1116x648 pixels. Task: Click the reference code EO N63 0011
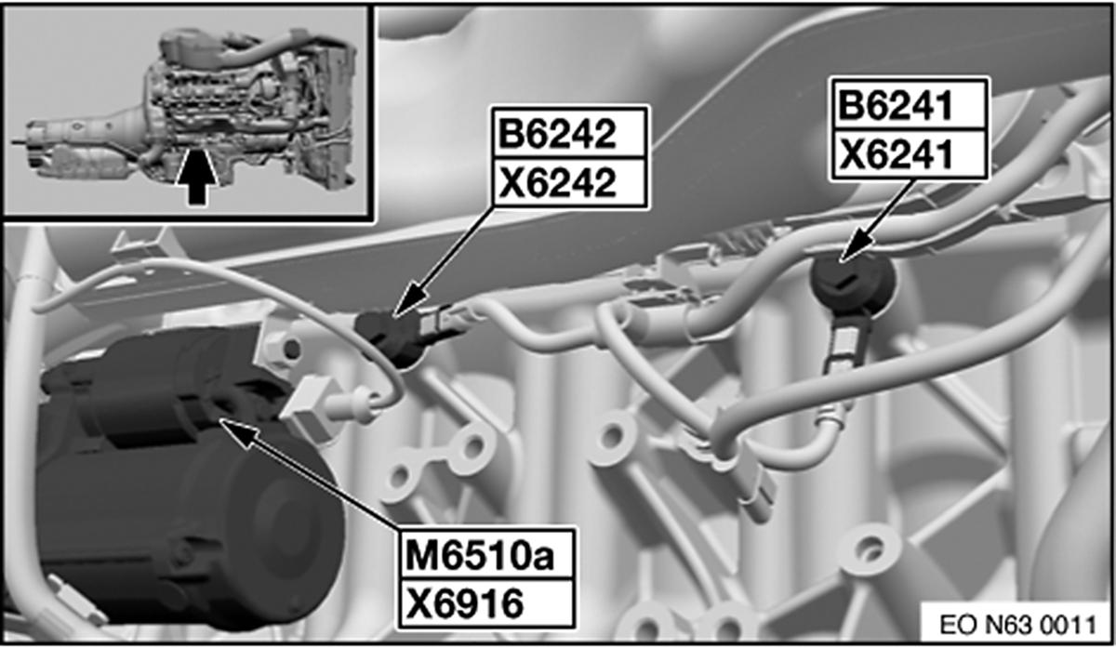[1017, 625]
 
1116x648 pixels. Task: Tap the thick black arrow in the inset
[197, 176]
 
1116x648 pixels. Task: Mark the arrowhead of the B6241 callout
[856, 245]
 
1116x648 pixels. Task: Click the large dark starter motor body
[184, 478]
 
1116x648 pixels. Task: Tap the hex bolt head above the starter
[280, 348]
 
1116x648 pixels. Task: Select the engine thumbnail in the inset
[252, 107]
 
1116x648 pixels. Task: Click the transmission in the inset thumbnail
[85, 144]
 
